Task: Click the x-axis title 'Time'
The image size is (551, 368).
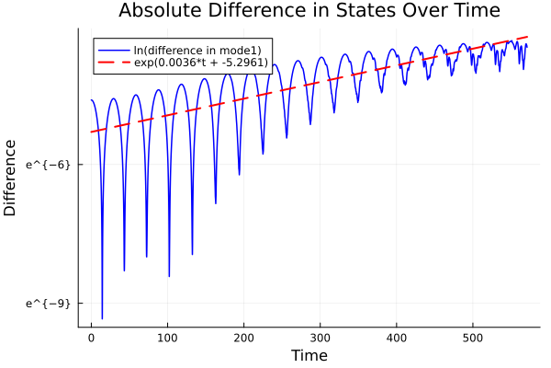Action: coord(309,355)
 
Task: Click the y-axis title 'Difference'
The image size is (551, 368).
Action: coord(11,178)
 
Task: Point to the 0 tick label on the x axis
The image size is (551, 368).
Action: coord(91,339)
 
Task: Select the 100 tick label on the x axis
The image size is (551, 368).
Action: coord(167,339)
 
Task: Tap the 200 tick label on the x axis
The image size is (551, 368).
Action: coord(243,339)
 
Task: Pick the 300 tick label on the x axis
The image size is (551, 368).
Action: coord(320,339)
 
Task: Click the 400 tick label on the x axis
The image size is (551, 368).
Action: coord(397,339)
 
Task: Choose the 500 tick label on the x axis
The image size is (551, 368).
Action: coord(473,339)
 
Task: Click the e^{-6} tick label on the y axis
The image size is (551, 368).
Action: coord(50,164)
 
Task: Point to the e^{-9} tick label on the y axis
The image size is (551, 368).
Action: coord(50,303)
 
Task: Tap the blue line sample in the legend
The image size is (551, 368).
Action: coord(114,49)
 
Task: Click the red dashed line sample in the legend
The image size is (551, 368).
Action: coord(114,65)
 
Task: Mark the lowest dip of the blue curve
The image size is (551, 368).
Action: coord(102,318)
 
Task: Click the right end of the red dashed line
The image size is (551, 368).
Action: coord(527,37)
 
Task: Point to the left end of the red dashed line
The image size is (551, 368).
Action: coord(91,132)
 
